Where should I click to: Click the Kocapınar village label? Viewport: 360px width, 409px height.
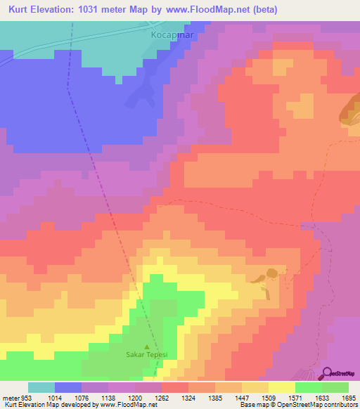click(x=172, y=32)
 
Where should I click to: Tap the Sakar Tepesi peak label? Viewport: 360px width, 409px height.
click(x=146, y=356)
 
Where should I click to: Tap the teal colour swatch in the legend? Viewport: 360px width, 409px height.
click(x=41, y=387)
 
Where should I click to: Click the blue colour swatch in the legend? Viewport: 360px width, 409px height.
click(x=68, y=387)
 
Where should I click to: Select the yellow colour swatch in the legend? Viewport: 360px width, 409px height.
click(x=282, y=387)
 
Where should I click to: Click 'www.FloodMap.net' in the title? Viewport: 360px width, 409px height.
click(x=197, y=10)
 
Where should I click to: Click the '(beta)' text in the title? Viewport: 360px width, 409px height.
click(x=262, y=10)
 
